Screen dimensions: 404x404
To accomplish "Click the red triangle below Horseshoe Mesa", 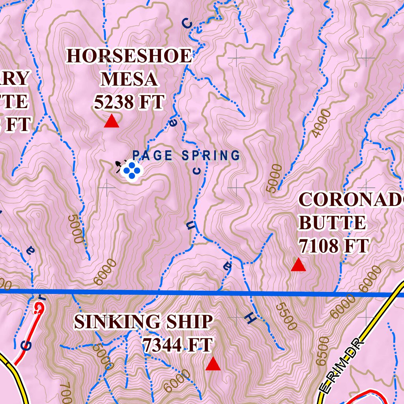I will pos(111,122).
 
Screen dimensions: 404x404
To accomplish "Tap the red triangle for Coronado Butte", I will pos(298,265).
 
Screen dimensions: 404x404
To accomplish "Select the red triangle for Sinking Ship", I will pos(213,364).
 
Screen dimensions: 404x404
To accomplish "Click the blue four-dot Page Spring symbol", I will pos(131,170).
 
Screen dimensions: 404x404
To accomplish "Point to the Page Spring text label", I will pos(186,155).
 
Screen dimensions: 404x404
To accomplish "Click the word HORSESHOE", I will pos(129,56).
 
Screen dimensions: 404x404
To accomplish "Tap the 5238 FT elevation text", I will pos(129,103).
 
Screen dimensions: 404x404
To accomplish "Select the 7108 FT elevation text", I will pos(333,246).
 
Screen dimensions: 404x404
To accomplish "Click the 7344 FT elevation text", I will pos(178,345).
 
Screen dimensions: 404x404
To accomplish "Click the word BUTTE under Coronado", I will pos(332,223).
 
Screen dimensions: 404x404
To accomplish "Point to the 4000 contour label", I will pos(321,123).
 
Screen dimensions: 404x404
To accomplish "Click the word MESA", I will pos(129,79).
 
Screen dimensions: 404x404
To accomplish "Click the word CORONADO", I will pos(351,200).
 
